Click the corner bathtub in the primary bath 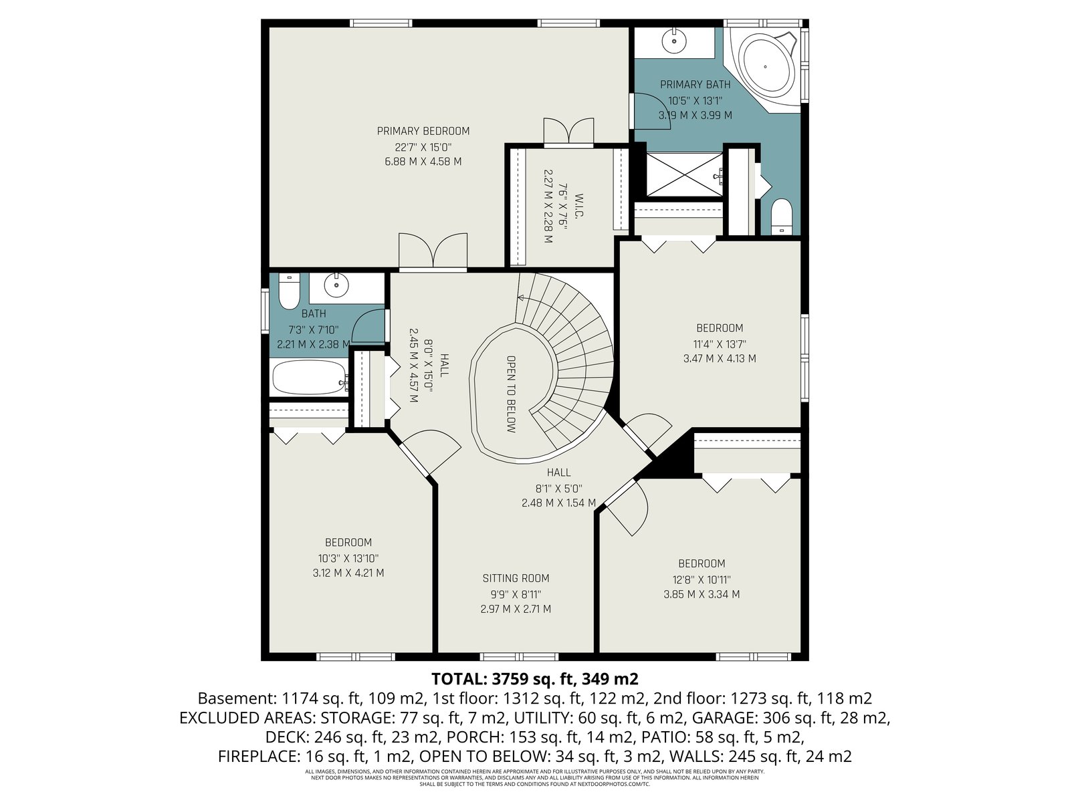coord(767,67)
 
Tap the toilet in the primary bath coord(782,216)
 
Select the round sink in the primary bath coord(674,41)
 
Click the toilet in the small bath coord(289,291)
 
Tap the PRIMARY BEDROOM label coord(423,131)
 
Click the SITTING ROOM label coord(516,578)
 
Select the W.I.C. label coord(579,205)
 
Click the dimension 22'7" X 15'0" coord(423,147)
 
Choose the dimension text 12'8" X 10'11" coord(702,579)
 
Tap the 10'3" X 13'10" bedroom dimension coord(348,558)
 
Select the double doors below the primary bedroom coord(433,252)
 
